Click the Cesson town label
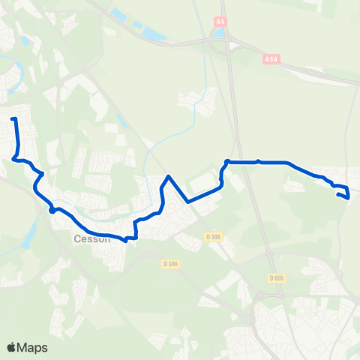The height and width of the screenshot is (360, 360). pos(92,240)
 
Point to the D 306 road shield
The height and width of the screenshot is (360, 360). pos(214,238)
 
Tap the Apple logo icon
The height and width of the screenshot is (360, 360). pos(12,347)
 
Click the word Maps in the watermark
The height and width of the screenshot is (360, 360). pos(33,347)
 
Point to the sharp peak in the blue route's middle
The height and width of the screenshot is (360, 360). pos(169,177)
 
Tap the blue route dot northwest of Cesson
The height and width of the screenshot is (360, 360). pos(52,210)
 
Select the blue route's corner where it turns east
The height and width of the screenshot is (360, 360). pos(226,161)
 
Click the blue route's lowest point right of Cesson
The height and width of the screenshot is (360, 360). pos(124,241)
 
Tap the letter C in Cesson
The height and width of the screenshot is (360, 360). pos(77,240)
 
